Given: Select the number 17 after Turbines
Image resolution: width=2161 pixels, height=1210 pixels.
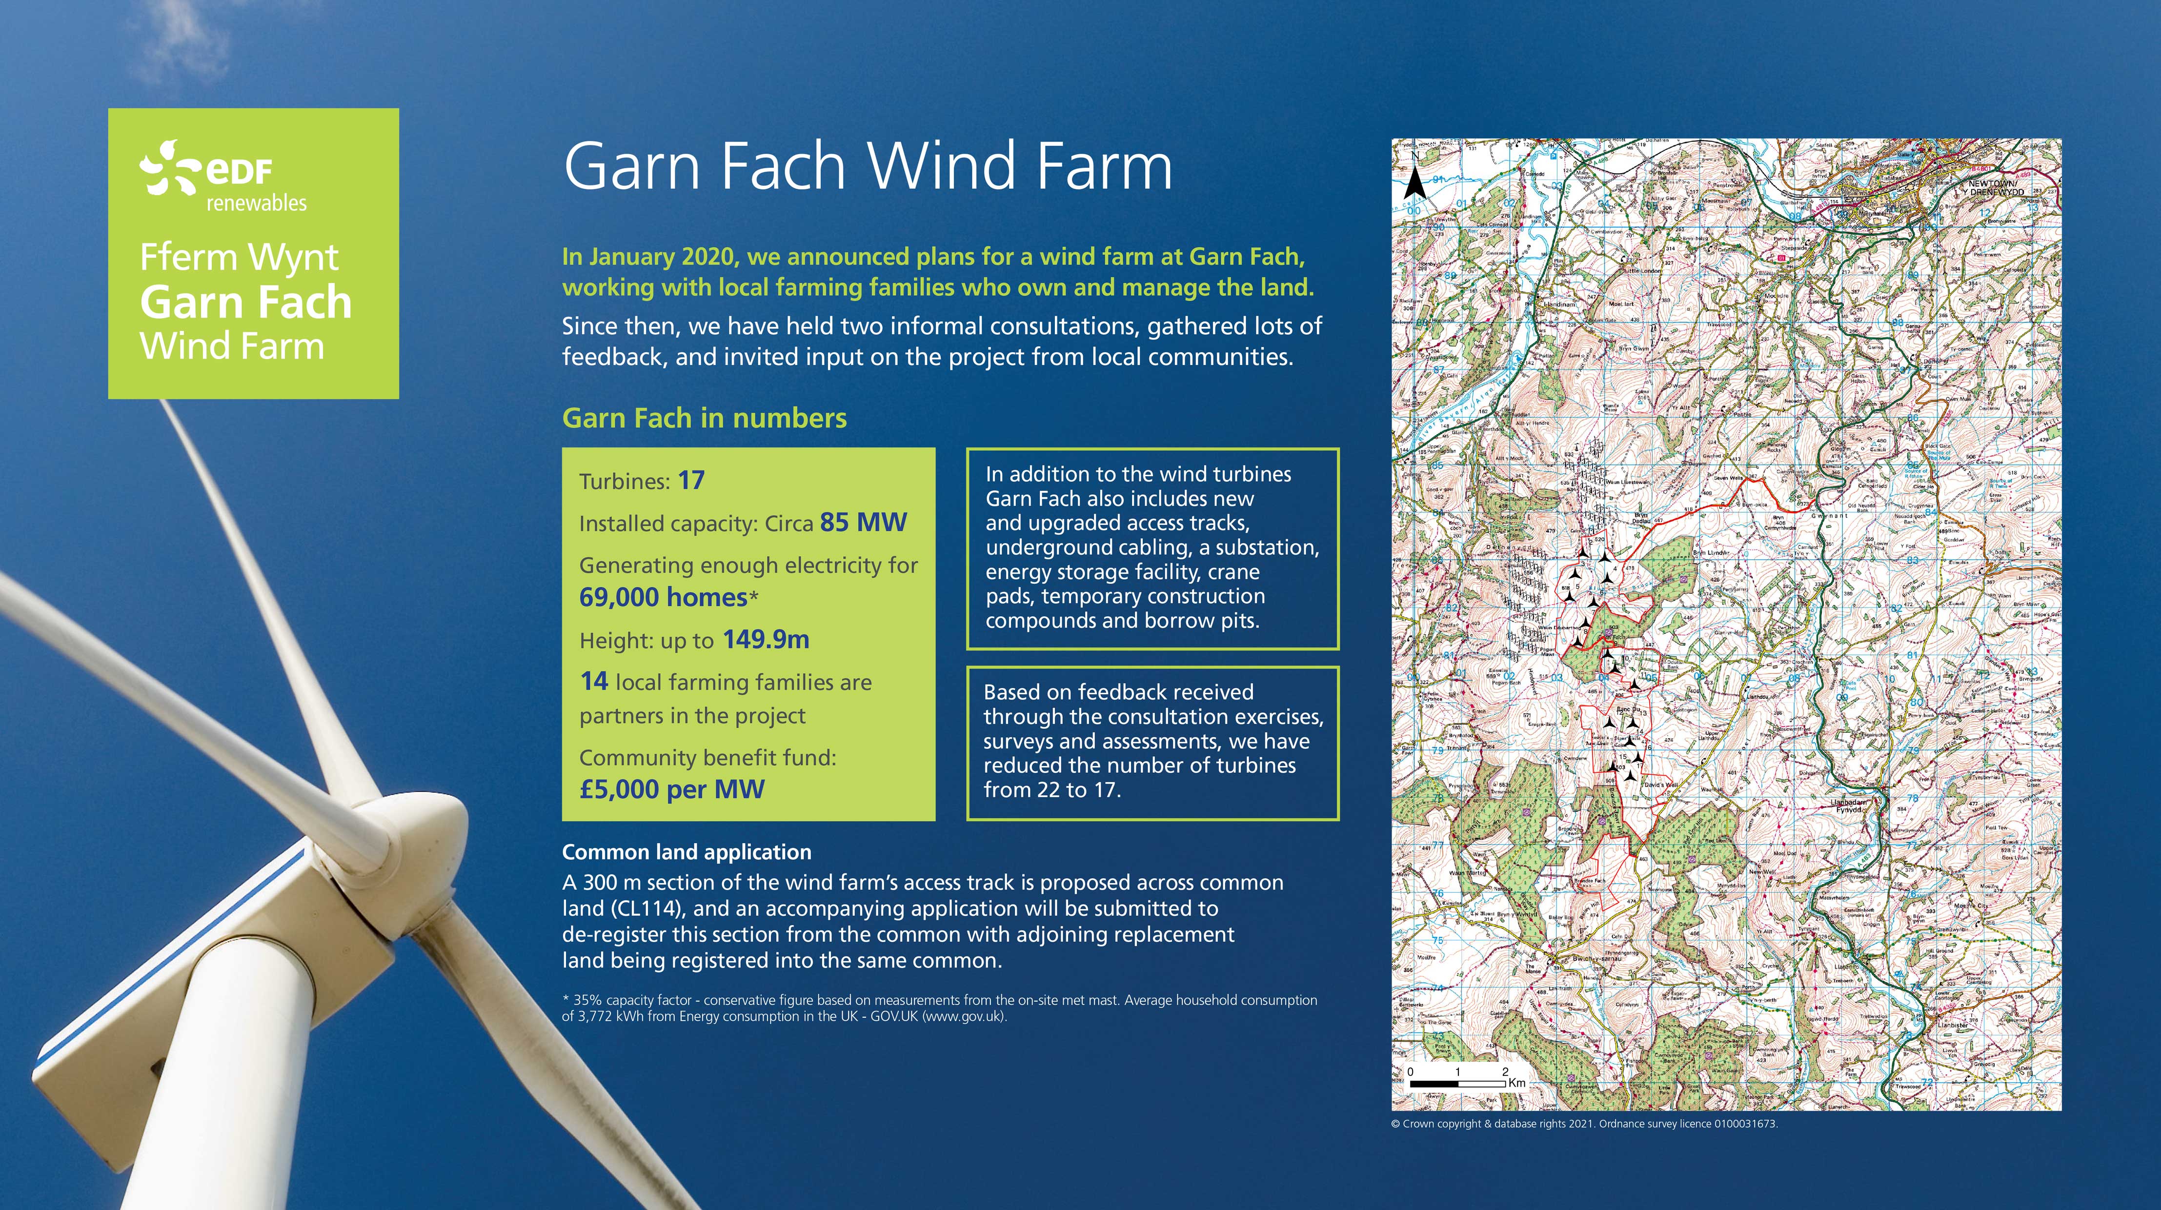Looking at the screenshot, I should coord(691,480).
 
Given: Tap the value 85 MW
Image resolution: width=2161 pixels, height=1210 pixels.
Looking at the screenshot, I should coord(863,522).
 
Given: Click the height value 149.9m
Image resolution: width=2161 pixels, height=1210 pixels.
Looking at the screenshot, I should coord(766,640).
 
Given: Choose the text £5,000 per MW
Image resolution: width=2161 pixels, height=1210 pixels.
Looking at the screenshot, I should coord(672,789).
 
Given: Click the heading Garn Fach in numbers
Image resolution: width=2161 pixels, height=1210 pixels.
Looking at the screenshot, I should coord(704,418).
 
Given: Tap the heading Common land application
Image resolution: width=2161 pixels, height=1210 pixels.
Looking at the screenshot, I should coord(686,852).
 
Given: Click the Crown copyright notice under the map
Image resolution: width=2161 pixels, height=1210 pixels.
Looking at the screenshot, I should coord(1584,1124).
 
